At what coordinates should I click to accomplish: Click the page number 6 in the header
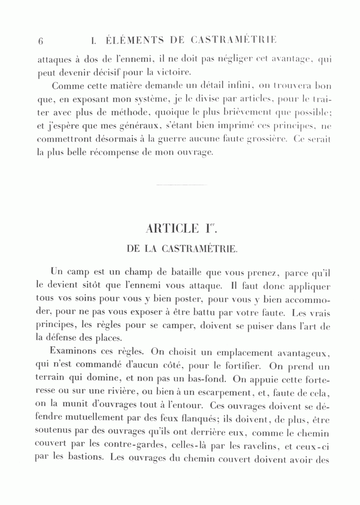point(40,41)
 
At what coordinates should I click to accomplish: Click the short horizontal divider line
point(182,185)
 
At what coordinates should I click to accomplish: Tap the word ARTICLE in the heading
point(172,229)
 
